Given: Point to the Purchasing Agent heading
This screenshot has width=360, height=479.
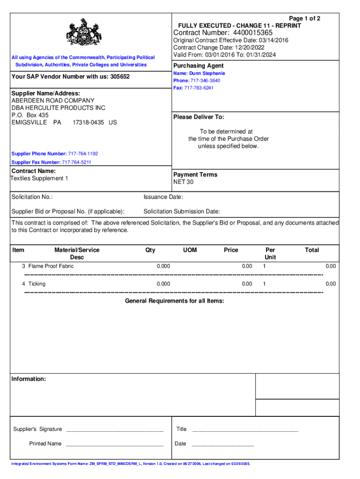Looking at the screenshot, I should click(x=198, y=66).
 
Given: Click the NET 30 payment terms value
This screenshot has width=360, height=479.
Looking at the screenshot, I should click(x=183, y=182).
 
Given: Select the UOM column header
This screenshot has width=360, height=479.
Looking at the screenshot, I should click(x=190, y=250).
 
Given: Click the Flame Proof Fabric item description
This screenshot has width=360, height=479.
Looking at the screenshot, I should click(x=51, y=266).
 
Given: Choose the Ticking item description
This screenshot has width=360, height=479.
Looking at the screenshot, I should click(x=37, y=284).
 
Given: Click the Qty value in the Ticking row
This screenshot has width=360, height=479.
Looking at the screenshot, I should click(x=164, y=284).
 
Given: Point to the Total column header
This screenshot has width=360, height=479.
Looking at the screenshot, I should click(x=312, y=250).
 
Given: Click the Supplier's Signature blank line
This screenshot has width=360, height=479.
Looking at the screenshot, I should click(x=115, y=429).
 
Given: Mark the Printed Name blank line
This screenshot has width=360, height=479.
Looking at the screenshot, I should click(x=115, y=444).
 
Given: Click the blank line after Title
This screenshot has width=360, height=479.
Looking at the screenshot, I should click(x=245, y=429).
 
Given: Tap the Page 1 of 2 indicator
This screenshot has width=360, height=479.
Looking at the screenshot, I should click(x=305, y=19).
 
